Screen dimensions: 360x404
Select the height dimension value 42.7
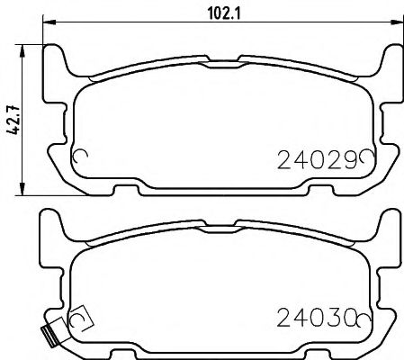click(11, 118)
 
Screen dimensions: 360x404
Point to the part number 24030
click(314, 317)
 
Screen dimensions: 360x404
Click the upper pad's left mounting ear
click(56, 63)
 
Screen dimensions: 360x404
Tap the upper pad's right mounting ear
click(388, 63)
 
